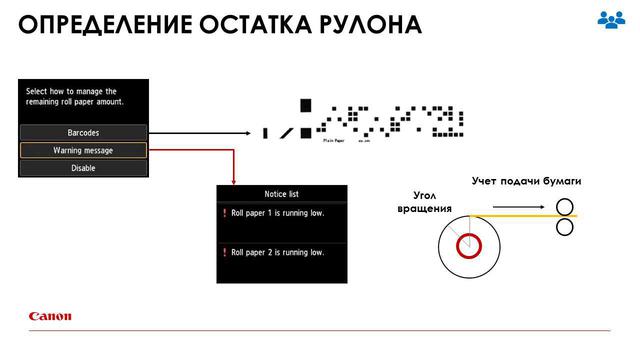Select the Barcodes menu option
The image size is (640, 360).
[x=83, y=132]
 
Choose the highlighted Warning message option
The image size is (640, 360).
[x=83, y=150]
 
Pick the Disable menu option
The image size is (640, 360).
[x=83, y=168]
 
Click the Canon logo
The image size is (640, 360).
[x=50, y=317]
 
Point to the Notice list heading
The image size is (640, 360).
[x=281, y=193]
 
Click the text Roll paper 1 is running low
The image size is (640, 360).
[x=277, y=213]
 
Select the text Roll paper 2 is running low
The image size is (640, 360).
[x=277, y=252]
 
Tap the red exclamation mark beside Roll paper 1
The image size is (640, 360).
[x=224, y=213]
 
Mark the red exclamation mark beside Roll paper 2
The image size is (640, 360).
[x=224, y=252]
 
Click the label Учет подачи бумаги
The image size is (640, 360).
[x=526, y=180]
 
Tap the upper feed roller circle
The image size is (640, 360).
[x=565, y=207]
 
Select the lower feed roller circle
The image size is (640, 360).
[x=565, y=227]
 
